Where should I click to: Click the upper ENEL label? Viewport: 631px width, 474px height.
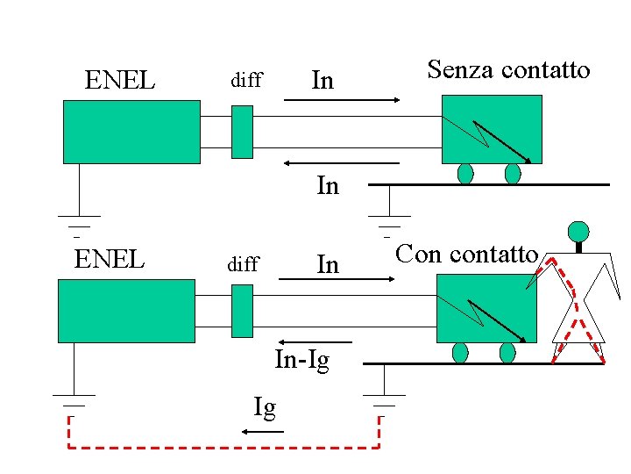click(120, 82)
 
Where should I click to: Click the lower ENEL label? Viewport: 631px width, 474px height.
click(110, 261)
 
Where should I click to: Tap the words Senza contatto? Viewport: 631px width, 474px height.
click(508, 70)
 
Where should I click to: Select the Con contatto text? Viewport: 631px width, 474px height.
click(465, 255)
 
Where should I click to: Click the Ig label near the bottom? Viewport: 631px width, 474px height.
click(265, 407)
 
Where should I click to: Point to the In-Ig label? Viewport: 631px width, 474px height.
click(302, 361)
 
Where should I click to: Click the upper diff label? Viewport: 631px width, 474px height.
click(246, 82)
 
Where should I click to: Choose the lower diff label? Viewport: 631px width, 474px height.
click(243, 264)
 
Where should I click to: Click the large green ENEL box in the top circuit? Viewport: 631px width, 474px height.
click(131, 132)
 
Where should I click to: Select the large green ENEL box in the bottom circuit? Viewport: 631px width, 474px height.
click(126, 310)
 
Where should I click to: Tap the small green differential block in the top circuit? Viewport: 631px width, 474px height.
click(242, 132)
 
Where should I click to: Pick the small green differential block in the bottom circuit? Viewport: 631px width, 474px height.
click(242, 310)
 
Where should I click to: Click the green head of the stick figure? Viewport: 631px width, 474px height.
click(578, 232)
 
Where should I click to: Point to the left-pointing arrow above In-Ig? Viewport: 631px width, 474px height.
click(315, 341)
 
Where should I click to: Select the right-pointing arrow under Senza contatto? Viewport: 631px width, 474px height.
click(342, 101)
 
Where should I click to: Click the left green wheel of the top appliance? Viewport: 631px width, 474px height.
click(465, 174)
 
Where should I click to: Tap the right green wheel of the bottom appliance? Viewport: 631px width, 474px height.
click(507, 353)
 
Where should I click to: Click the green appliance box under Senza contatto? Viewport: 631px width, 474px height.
click(492, 128)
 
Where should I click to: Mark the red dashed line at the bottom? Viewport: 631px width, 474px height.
click(224, 449)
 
